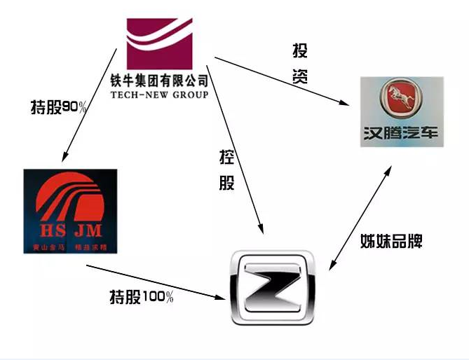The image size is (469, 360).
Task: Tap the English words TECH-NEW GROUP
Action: [x=159, y=94]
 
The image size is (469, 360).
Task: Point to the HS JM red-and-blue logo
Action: [x=69, y=211]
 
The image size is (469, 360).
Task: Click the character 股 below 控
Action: [x=227, y=183]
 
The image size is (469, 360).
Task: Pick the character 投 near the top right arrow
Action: [x=300, y=51]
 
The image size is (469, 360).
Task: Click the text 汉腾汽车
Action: [x=402, y=133]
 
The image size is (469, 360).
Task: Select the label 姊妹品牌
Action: [x=390, y=242]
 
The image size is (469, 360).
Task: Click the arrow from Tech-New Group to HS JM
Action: [x=89, y=102]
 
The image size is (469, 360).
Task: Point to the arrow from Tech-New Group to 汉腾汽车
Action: [x=280, y=79]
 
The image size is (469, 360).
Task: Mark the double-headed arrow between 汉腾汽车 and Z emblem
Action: [x=360, y=217]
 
